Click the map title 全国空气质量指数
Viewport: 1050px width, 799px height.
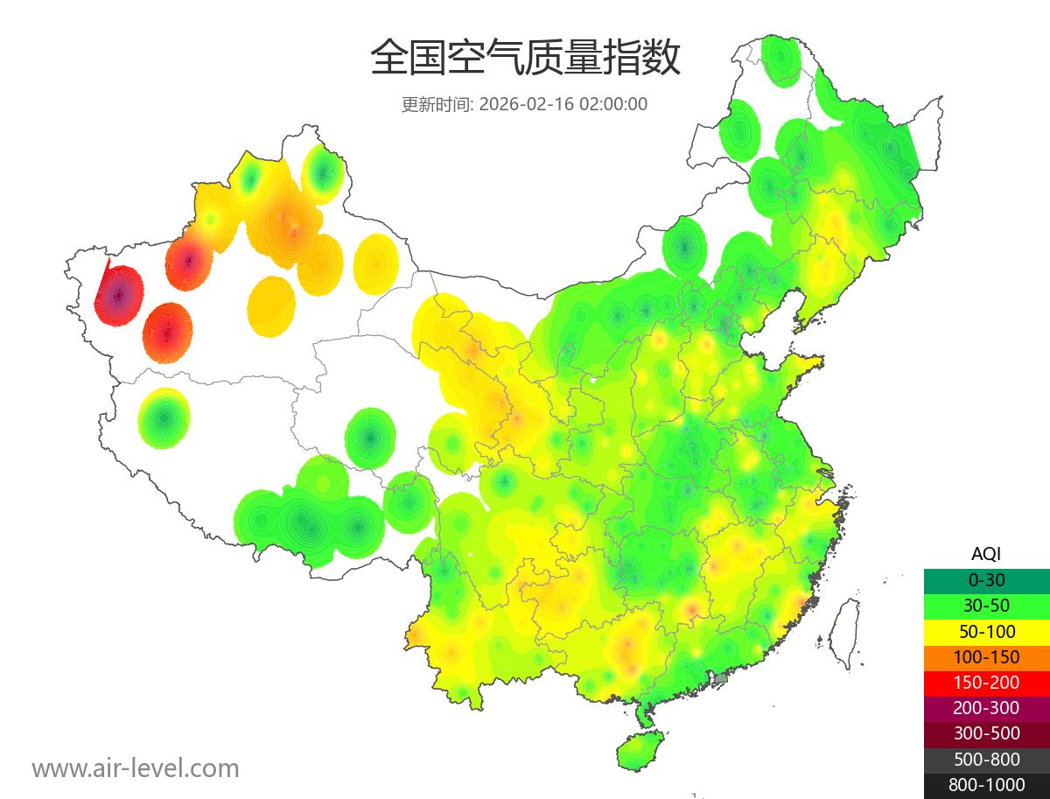tap(525, 59)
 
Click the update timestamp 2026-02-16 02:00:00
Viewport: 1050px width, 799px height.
tap(563, 104)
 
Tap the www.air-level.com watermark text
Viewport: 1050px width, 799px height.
tap(136, 768)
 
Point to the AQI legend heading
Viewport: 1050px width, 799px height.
tap(986, 553)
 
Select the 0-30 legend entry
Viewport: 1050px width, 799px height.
tap(986, 580)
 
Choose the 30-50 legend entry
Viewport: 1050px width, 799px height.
tap(986, 606)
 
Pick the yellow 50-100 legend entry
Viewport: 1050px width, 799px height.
tap(986, 631)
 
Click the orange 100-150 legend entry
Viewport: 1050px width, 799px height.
tap(986, 656)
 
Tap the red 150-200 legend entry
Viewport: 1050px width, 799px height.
tap(986, 682)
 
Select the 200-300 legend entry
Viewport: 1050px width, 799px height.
tap(986, 708)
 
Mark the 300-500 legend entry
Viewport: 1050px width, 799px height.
tap(986, 733)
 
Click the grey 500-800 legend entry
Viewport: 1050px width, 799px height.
tap(986, 759)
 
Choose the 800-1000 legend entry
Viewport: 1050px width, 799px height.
tap(986, 785)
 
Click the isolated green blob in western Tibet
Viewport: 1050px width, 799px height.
tap(164, 418)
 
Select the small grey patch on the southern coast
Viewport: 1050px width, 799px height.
tap(721, 678)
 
